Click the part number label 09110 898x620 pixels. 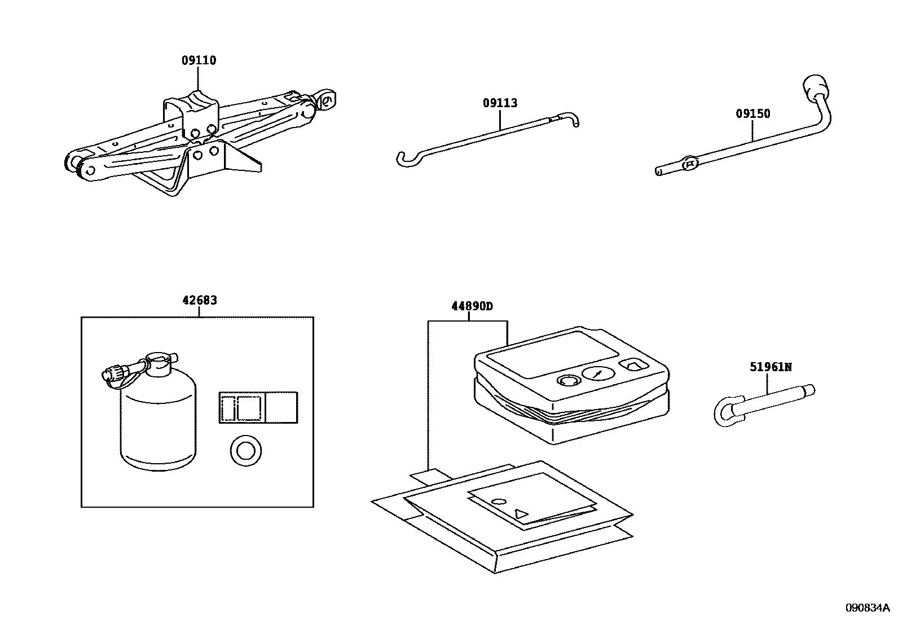(x=199, y=60)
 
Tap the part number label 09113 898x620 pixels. (x=500, y=103)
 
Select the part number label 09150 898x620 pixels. (x=752, y=113)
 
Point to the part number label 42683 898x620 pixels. (x=199, y=301)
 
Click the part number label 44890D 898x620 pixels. (x=472, y=306)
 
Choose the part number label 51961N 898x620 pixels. (x=771, y=367)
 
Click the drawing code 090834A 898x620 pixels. (x=866, y=608)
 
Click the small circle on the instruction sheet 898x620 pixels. (x=498, y=501)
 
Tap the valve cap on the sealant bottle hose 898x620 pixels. (x=110, y=373)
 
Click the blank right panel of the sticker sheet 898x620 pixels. (x=280, y=407)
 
